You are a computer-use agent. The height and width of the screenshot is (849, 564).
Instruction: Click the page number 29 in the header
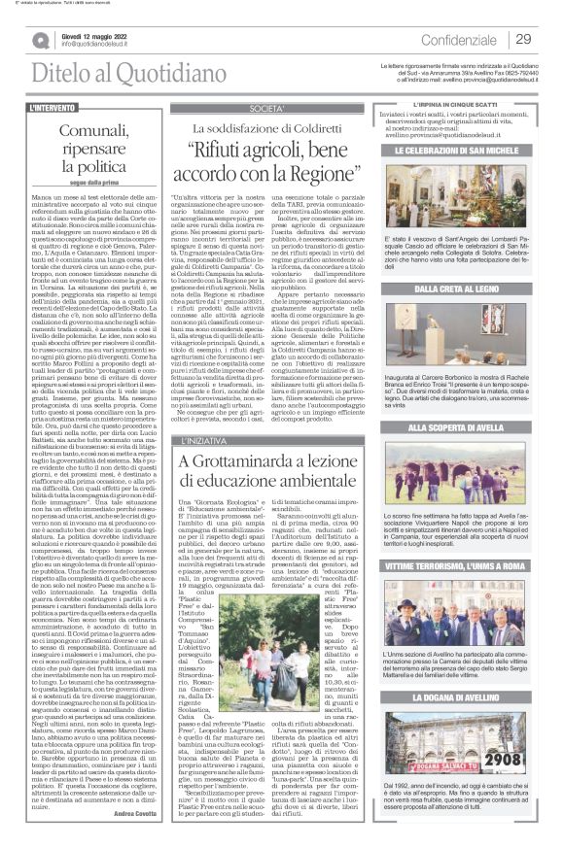522,39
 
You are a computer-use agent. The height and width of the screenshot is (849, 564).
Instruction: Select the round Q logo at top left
39,40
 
